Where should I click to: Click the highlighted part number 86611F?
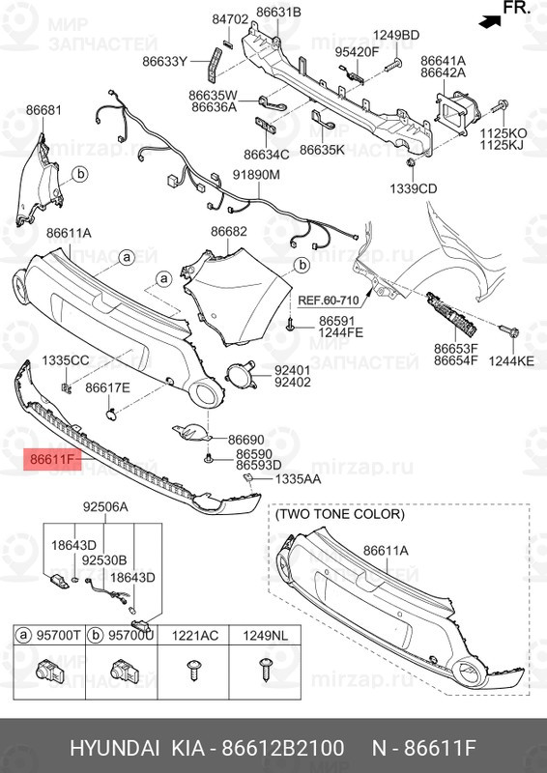tap(52, 460)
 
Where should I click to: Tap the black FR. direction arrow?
tap(491, 20)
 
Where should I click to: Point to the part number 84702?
tap(230, 19)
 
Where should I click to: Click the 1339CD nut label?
tap(414, 188)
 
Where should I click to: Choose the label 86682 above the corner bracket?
tap(229, 231)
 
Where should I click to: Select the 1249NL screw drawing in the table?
tap(266, 670)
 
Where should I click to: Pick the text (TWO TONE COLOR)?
tap(339, 514)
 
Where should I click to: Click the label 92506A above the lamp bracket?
tap(105, 507)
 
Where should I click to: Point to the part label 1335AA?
tap(298, 478)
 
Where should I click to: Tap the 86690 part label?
tap(245, 440)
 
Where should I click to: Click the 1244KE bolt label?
tap(511, 360)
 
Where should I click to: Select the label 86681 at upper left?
tap(43, 110)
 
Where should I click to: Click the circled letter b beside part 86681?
tap(80, 174)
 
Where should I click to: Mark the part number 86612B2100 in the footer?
tap(282, 748)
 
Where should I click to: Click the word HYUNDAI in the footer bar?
tap(114, 748)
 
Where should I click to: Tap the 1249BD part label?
tap(396, 35)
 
